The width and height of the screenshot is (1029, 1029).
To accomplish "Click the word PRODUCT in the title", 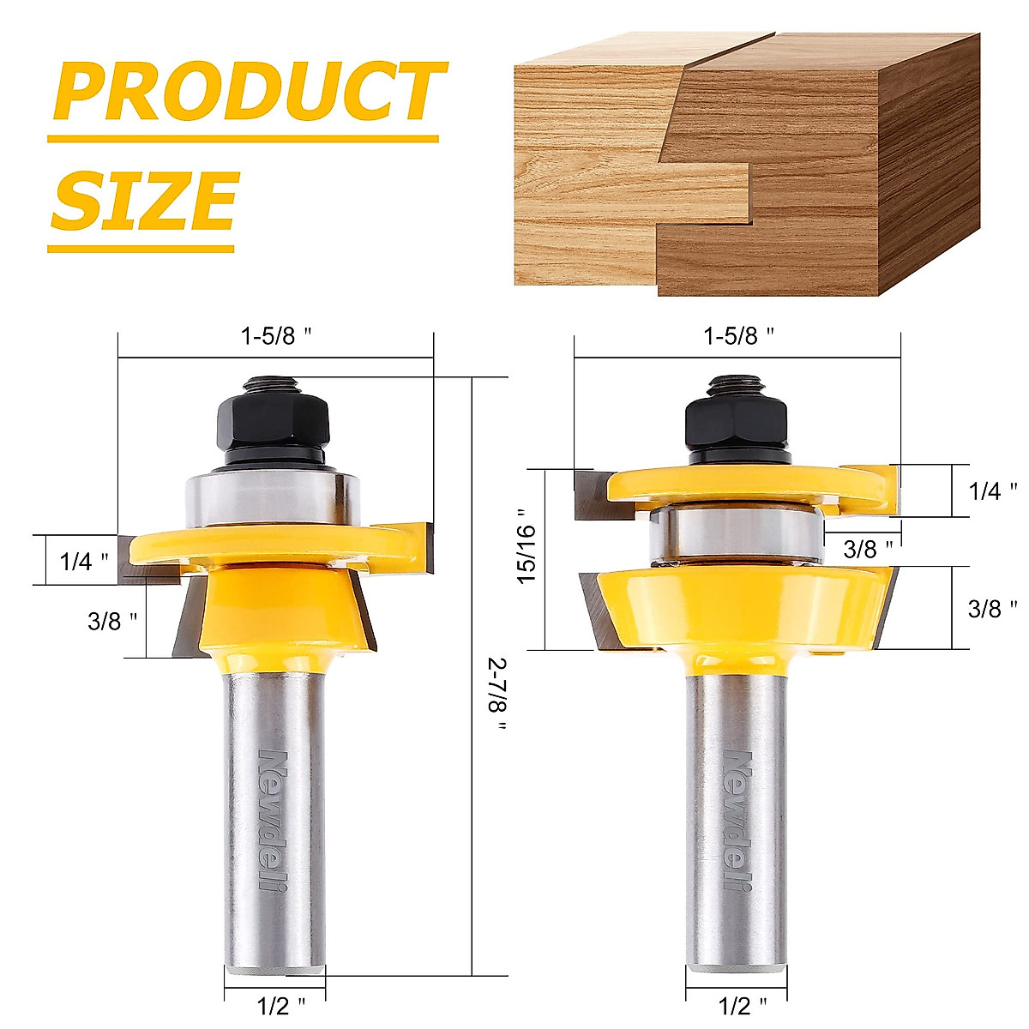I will (249, 93).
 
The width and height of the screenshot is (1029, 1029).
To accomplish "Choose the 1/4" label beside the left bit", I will (84, 562).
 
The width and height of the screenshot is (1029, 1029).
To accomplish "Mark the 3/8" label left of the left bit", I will (112, 622).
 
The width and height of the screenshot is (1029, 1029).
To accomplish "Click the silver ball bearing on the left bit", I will (271, 497).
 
